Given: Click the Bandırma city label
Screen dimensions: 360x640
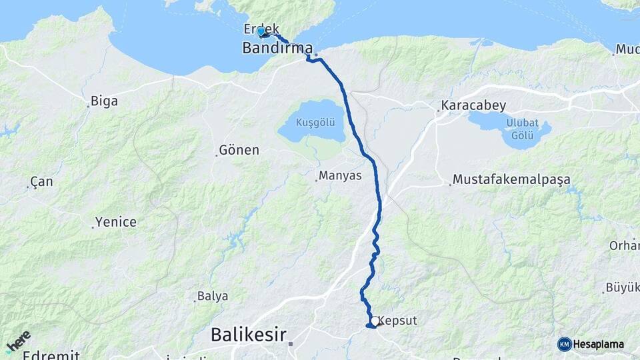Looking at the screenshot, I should point(277,48).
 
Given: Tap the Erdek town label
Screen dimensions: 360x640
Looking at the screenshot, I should point(261,30).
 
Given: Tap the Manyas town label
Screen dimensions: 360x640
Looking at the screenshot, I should point(340,176).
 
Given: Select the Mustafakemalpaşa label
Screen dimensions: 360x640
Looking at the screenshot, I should point(511,179).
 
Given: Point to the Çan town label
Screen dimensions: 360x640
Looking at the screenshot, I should point(42,182).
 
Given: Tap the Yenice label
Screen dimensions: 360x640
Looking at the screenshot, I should point(115,222).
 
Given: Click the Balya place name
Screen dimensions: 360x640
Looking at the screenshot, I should point(213,296).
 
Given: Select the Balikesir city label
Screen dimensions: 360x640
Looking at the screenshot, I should point(249,334).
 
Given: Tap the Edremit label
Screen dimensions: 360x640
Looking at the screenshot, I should point(51,355).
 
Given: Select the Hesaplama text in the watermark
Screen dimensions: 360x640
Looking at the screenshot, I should point(599,344).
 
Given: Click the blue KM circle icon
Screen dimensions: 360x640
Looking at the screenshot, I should point(564,344).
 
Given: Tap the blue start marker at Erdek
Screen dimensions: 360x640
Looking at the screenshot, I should point(261,30).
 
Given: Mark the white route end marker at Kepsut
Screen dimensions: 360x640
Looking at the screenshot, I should point(376,321).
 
